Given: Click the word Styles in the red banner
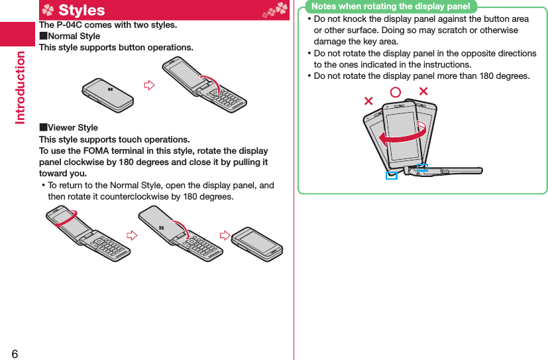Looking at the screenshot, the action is click(x=82, y=10).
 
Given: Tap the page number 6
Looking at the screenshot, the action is click(x=15, y=354).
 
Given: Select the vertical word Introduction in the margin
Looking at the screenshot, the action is click(x=21, y=88).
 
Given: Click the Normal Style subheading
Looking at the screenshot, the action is click(x=70, y=36).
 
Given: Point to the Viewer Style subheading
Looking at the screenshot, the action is click(x=68, y=127).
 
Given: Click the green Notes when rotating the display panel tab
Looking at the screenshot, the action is click(x=391, y=6).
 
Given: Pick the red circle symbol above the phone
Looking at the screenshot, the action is click(x=396, y=92).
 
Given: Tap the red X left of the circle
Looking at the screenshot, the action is click(x=368, y=101).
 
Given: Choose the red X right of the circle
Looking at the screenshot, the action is click(x=423, y=91).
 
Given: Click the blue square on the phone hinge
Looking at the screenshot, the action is click(x=422, y=168).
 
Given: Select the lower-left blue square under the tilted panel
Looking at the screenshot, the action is click(x=392, y=176).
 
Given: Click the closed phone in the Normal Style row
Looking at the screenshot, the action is click(x=107, y=95).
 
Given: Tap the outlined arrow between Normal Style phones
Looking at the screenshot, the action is click(x=149, y=85).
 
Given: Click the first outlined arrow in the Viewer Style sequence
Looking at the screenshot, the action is click(x=132, y=235).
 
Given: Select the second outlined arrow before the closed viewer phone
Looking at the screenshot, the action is click(x=225, y=235).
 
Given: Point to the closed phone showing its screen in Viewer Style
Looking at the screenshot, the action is click(x=257, y=244).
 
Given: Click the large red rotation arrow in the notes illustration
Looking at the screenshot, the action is click(x=402, y=137).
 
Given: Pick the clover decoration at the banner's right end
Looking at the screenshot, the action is click(x=276, y=10).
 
